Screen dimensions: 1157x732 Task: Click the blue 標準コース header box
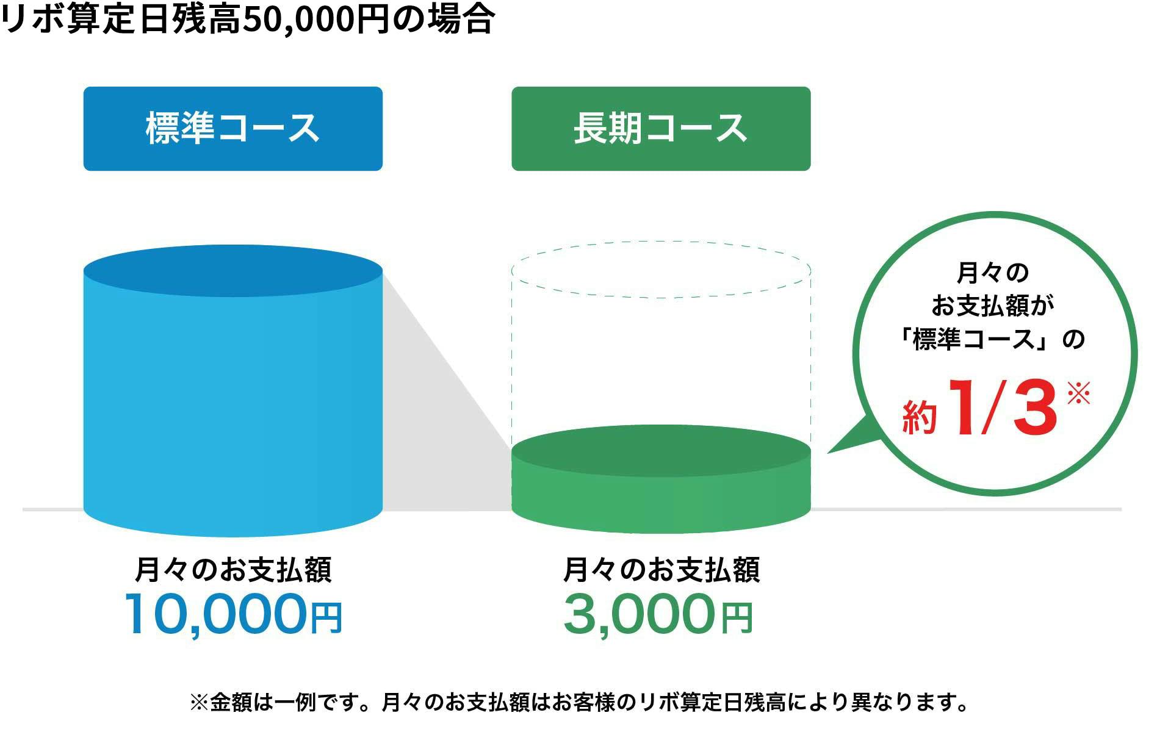(x=232, y=129)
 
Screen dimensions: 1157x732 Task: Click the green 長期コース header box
(x=661, y=129)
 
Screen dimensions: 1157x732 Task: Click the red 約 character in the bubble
(x=919, y=417)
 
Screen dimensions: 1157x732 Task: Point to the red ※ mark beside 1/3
(x=1078, y=393)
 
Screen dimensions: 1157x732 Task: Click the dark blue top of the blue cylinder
(x=232, y=271)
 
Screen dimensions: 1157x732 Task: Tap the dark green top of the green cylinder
(x=661, y=451)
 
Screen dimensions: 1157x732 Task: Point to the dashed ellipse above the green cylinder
(x=661, y=242)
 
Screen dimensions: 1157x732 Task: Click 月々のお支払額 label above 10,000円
(x=232, y=570)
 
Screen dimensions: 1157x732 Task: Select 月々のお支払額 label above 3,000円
(x=661, y=570)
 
